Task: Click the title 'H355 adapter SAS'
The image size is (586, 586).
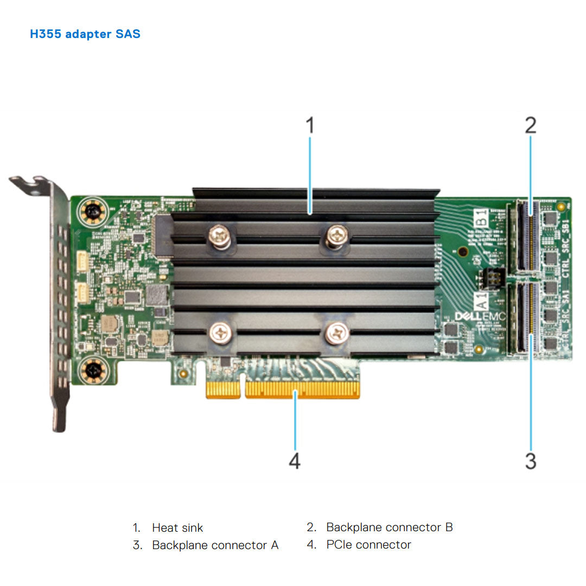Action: [x=85, y=34]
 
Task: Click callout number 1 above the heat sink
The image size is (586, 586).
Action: [x=309, y=125]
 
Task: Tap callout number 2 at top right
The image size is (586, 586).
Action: [x=530, y=125]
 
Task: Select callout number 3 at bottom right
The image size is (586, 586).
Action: [x=530, y=461]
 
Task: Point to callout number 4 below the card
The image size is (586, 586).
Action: [x=294, y=461]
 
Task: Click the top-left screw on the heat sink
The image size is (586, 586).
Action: [x=220, y=236]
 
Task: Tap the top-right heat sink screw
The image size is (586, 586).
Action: [x=337, y=236]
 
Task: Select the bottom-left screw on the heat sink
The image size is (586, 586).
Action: [x=221, y=333]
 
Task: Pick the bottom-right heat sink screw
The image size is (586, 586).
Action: [x=337, y=333]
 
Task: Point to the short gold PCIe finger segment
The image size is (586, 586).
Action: [x=223, y=390]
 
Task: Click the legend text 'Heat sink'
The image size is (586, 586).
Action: [x=177, y=527]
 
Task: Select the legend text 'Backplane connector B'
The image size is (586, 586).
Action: [x=389, y=527]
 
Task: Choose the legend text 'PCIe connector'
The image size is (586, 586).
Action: [x=368, y=544]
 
